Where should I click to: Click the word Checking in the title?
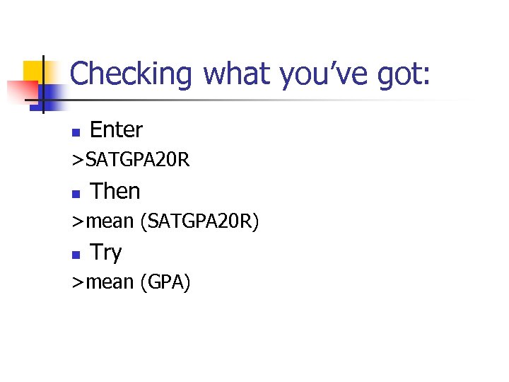[131, 74]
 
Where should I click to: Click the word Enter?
[117, 130]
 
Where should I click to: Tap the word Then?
[116, 191]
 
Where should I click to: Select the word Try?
[107, 253]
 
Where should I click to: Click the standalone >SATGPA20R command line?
[130, 161]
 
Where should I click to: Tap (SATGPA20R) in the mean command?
[200, 222]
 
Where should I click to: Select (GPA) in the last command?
[165, 283]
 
